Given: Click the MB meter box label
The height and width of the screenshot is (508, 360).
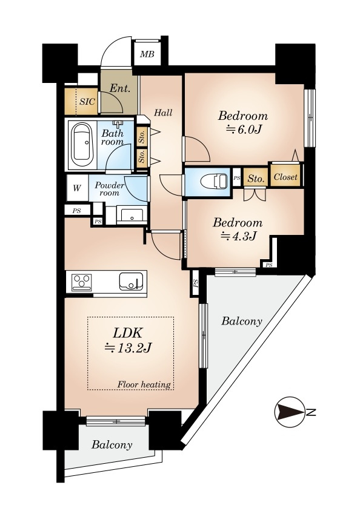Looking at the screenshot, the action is (x=147, y=54).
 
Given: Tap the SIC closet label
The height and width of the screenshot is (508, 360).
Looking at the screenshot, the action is (x=87, y=101).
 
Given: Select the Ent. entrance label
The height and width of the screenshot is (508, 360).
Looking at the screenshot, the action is (x=119, y=88).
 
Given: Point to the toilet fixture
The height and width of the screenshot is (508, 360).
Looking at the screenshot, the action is (x=214, y=181).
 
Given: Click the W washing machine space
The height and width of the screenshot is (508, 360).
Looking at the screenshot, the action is (x=77, y=188).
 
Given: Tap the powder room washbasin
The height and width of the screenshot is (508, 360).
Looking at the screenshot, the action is (x=132, y=215).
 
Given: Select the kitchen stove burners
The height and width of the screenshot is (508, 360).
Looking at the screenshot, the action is (x=82, y=282).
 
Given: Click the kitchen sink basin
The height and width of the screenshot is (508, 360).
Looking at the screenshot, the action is (x=131, y=281).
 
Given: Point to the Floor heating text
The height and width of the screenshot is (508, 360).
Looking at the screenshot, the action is (x=144, y=384).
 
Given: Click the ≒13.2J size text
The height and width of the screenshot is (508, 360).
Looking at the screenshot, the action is (x=128, y=348).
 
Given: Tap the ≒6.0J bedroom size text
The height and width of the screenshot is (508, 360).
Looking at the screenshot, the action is (x=242, y=129).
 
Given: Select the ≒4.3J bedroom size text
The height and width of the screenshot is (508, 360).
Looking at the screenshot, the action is (x=238, y=236).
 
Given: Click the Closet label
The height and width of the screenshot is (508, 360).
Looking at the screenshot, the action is (x=285, y=177).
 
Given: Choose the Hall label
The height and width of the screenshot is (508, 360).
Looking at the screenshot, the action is (x=163, y=113).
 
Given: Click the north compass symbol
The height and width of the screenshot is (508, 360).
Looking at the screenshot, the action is (x=290, y=412).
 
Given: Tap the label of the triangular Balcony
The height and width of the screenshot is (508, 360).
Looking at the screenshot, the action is (x=242, y=321).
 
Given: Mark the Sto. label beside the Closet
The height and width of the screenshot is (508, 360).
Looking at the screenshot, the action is (x=256, y=178).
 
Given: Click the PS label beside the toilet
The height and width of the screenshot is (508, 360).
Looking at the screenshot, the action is (x=237, y=177).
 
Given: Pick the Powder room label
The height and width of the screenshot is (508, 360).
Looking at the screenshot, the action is (x=109, y=189).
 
